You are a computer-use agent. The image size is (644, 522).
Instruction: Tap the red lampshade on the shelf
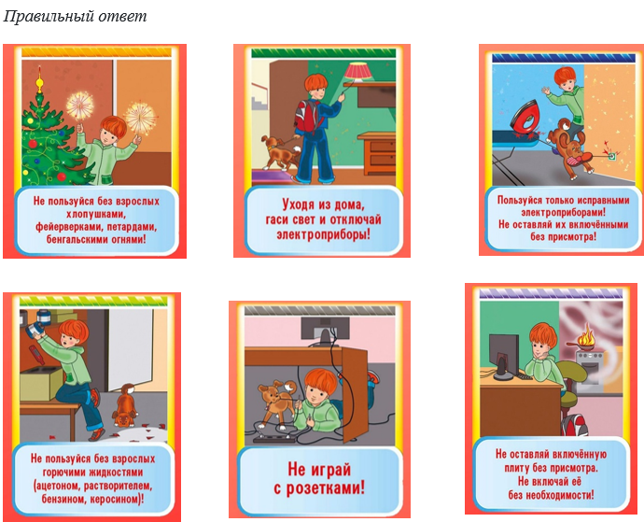tap(358, 71)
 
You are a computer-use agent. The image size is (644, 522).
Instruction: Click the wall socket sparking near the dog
tap(611, 156)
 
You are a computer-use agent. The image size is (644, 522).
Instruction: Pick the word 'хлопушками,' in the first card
tap(96, 214)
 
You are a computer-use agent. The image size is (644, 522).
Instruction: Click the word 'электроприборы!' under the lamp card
tap(323, 234)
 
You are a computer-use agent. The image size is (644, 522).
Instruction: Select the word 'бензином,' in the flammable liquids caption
tap(64, 499)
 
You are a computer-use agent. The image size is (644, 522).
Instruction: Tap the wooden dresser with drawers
tap(376, 153)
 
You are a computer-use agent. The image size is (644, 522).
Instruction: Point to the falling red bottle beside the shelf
tap(36, 355)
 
